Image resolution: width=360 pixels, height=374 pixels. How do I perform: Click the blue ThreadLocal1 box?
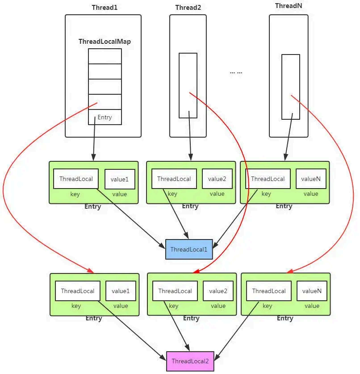pos(188,249)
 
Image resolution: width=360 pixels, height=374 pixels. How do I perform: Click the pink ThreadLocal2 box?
pos(190,361)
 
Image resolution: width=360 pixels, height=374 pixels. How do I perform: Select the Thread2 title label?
pos(188,8)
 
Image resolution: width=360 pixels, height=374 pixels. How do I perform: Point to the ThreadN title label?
pos(288,6)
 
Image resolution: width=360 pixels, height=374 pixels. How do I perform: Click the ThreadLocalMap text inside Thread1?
pos(105,41)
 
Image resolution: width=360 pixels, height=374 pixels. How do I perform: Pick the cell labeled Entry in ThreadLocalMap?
pos(105,117)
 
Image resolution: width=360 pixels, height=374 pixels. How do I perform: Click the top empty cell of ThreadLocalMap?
pos(105,56)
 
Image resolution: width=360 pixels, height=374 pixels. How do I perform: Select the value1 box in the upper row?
pos(120,179)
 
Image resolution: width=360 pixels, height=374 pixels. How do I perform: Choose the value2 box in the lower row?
pos(218,291)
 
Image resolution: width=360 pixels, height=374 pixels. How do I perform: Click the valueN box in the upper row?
pos(311,179)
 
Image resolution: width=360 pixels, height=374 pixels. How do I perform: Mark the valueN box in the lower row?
pos(312,291)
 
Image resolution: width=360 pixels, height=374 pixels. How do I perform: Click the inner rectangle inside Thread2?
pos(188,85)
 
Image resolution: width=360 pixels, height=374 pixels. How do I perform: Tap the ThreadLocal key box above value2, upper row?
pos(174,179)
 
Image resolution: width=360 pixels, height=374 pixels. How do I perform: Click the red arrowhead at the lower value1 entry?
pos(91,270)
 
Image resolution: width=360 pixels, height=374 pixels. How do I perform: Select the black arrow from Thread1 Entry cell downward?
pos(94,143)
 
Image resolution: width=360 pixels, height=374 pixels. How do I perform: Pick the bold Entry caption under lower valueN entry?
pos(285,318)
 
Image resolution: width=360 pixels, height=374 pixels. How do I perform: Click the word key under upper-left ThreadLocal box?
pos(75,194)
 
